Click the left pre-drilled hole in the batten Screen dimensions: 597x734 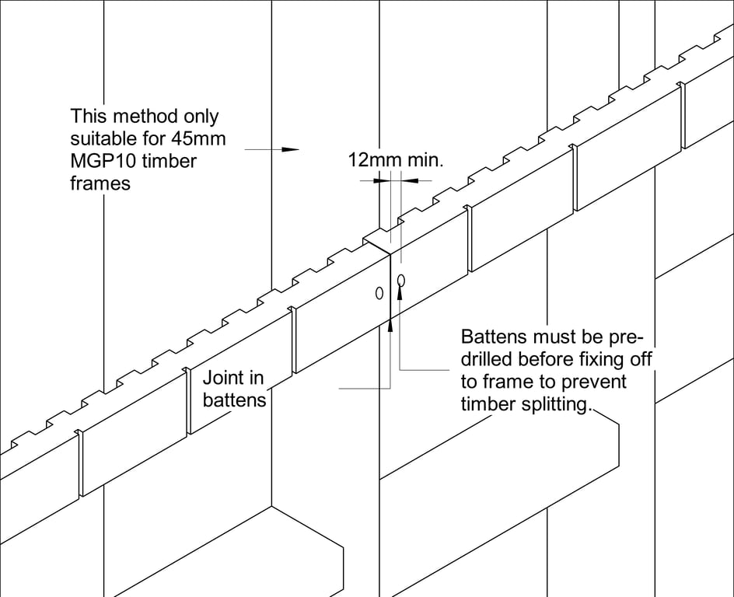[x=379, y=293]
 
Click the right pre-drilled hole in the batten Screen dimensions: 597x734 [x=400, y=279]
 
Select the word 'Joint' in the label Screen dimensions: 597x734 [x=222, y=379]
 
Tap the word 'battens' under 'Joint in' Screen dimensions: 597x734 [x=234, y=400]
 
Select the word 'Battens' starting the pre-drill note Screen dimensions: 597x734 [x=493, y=337]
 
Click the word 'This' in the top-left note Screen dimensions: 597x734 [x=86, y=117]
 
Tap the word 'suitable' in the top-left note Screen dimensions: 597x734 [x=99, y=139]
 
